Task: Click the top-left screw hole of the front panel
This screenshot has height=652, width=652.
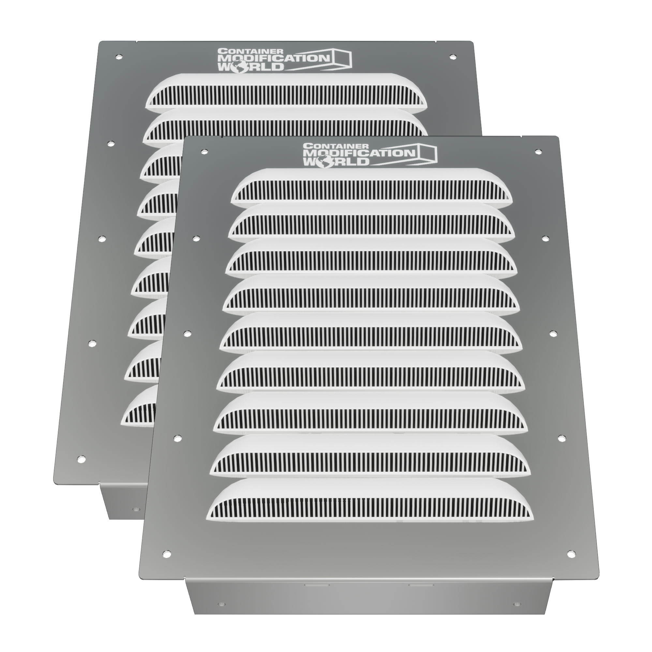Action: click(204, 152)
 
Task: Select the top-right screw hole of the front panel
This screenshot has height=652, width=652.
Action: click(538, 152)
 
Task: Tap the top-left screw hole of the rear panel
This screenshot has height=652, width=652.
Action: click(118, 57)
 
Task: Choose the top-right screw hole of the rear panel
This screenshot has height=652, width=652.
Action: click(452, 57)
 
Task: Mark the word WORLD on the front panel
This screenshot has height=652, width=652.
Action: click(336, 161)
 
